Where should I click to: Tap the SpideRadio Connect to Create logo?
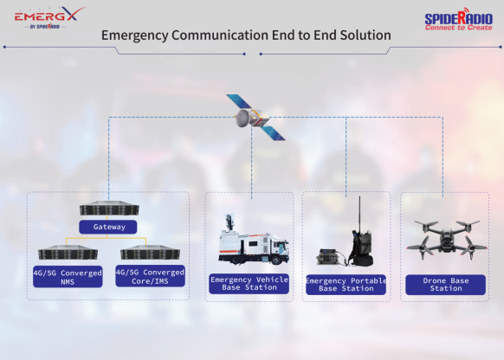[x=459, y=19]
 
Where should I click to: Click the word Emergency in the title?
[x=135, y=35]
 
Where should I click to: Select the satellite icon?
[x=255, y=117]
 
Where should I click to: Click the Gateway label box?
[x=108, y=227]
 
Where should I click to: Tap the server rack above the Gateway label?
[x=109, y=208]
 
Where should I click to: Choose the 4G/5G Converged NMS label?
[x=68, y=277]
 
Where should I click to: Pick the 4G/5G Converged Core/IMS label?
[x=150, y=276]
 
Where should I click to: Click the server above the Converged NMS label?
[x=68, y=253]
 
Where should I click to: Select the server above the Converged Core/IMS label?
[x=150, y=253]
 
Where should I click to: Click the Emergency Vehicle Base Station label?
[x=249, y=284]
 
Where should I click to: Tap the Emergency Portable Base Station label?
[x=346, y=285]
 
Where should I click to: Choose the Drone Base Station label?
[x=445, y=285]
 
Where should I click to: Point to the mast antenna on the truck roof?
[x=229, y=223]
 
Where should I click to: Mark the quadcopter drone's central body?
[x=446, y=239]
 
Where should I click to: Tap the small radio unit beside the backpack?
[x=327, y=257]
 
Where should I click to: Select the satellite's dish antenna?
[x=242, y=119]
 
